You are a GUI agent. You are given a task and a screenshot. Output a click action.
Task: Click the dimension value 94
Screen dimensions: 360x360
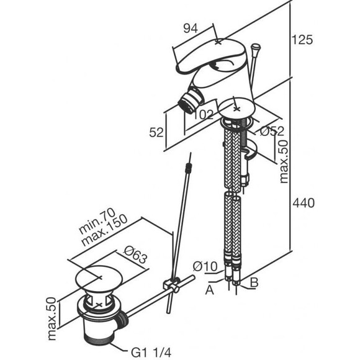coord(191,29)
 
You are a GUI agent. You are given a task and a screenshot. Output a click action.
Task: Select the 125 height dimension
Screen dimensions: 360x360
coord(302,40)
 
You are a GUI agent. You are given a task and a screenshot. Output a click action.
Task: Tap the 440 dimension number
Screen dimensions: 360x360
coord(304,203)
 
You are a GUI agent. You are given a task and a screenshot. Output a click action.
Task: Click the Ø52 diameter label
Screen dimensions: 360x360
coord(272,131)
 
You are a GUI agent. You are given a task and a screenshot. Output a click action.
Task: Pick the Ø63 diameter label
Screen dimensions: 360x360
coord(135,255)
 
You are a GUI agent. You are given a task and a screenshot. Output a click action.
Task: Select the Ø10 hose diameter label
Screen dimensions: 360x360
coord(205,266)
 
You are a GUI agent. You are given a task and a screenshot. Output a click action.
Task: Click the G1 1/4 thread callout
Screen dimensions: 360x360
coord(151,353)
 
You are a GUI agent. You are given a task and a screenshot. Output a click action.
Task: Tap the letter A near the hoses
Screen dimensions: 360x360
coord(209,290)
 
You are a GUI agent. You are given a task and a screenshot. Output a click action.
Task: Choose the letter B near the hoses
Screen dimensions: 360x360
coord(254,282)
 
